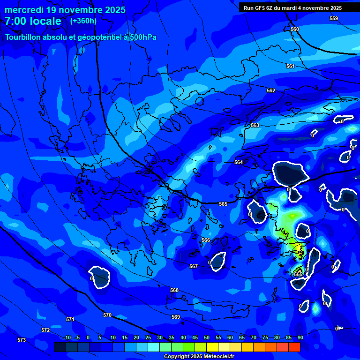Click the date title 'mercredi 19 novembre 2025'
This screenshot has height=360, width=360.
pos(65,10)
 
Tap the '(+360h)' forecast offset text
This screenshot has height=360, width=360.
pos(83,21)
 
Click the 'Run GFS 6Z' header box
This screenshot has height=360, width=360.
pos(292,8)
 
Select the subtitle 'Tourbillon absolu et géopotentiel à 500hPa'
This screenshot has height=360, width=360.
pos(81,37)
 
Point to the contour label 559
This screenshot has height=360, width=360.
pos(334,18)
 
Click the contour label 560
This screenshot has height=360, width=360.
pos(295,29)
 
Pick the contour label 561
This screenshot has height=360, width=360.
pos(291,66)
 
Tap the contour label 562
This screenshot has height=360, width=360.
pos(271,90)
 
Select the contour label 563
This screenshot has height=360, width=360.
pos(255,125)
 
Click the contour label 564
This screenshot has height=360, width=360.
pos(239,162)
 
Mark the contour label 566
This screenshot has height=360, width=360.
pos(206,240)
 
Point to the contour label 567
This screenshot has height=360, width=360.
pos(194,266)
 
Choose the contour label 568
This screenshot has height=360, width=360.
pos(174,290)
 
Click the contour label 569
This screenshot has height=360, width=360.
pos(176,317)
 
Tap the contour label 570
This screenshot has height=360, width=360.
pos(107,315)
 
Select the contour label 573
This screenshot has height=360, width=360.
pos(22,340)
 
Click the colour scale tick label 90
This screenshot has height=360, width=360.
pos(300,337)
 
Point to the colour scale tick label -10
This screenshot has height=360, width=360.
pos(67,337)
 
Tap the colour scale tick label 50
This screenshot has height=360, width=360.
pos(207,337)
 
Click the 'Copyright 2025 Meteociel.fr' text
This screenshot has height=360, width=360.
pos(199,356)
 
